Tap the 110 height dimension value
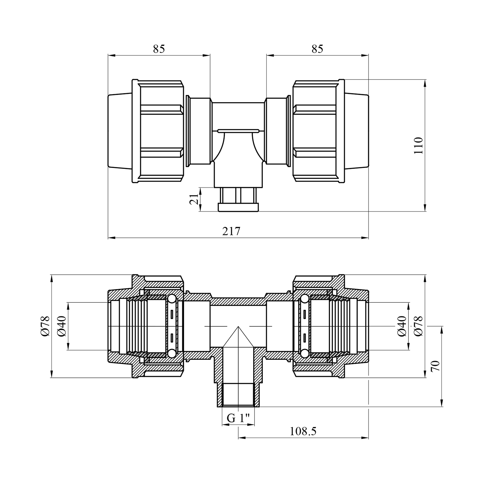click(418, 145)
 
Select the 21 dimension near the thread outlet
click(194, 199)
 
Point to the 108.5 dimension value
click(303, 431)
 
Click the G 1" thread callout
click(238, 418)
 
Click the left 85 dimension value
click(159, 49)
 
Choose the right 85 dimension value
click(317, 49)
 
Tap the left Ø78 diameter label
click(45, 326)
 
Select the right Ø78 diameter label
click(418, 326)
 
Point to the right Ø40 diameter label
click(402, 326)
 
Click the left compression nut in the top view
click(158, 131)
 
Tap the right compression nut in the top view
click(318, 131)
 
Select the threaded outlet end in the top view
click(238, 200)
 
